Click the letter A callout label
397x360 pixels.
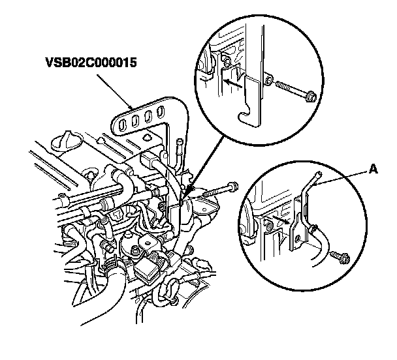[373, 169]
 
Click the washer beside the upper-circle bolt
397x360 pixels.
[268, 82]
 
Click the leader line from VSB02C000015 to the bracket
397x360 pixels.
[114, 89]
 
